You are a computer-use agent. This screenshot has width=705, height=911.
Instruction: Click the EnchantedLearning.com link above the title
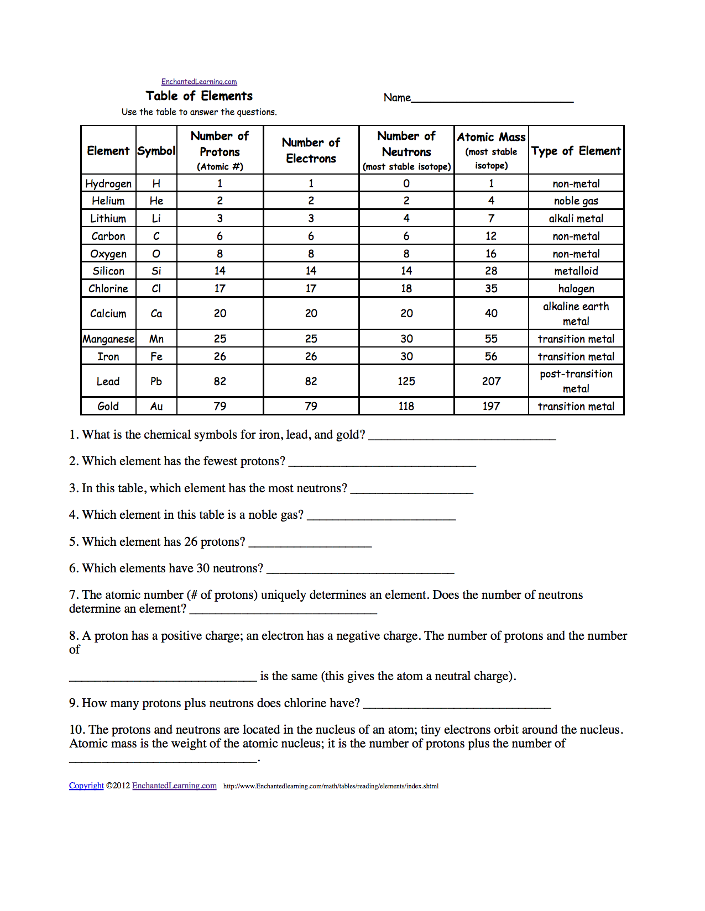(x=199, y=82)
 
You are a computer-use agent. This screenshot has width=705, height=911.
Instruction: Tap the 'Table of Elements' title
(x=199, y=96)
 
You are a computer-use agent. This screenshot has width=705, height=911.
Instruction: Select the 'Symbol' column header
(x=156, y=151)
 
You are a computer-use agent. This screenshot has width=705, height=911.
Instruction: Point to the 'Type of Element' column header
(x=576, y=151)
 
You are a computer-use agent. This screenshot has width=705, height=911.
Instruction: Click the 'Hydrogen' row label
(x=108, y=183)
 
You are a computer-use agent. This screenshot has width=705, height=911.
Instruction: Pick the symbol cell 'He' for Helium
(x=156, y=201)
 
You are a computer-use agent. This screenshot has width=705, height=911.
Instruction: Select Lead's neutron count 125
(x=406, y=381)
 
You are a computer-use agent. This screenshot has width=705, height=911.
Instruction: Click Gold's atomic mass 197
(x=491, y=407)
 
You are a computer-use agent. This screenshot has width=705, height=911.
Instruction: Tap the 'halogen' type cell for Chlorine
(x=576, y=288)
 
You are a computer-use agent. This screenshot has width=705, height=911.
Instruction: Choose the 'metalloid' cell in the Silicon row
(x=576, y=271)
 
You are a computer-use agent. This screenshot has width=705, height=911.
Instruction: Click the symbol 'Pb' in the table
(x=156, y=381)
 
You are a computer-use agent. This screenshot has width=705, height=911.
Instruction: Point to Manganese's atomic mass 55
(x=491, y=339)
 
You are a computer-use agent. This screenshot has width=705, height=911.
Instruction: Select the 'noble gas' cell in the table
(x=576, y=201)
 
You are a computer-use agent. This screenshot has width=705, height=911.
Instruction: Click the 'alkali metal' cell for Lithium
(x=576, y=219)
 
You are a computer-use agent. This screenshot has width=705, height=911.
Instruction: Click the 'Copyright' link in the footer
(x=86, y=786)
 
